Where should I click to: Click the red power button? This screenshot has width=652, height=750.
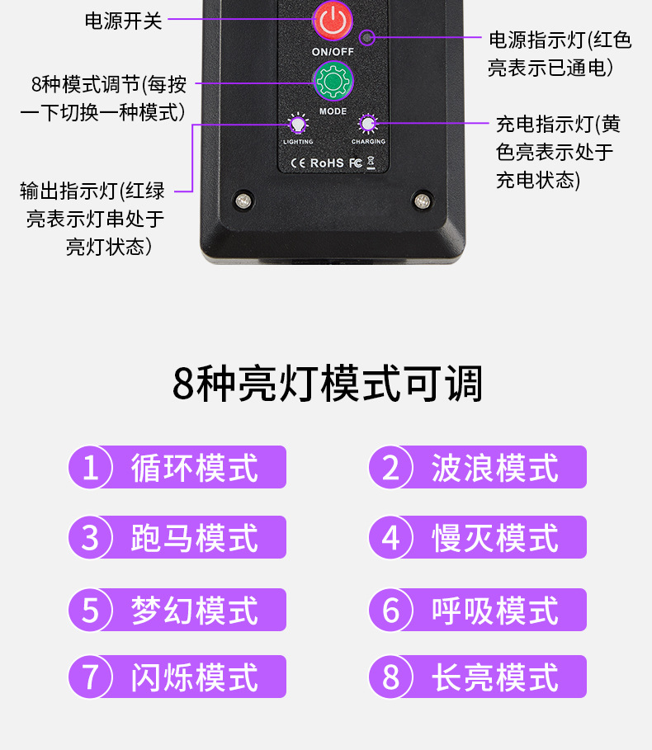pos(333,21)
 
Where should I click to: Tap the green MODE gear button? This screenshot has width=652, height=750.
pos(333,82)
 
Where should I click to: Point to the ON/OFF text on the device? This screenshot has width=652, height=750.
pos(333,52)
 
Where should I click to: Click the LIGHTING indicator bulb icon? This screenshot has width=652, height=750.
pos(298,125)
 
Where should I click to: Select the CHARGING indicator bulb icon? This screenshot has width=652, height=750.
pos(368,124)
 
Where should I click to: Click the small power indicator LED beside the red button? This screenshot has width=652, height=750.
pos(367,37)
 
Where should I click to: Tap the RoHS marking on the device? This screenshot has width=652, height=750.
pos(327,163)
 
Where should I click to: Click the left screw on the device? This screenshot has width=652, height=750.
pos(243,200)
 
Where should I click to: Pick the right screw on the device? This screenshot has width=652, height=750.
pos(422,200)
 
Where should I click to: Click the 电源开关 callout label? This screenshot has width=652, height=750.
pos(124,21)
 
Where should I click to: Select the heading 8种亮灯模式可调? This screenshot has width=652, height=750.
pos(327,384)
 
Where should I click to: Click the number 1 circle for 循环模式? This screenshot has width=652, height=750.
pos(91,467)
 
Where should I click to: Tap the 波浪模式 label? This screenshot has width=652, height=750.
pos(494,468)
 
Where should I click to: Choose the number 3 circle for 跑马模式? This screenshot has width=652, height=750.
pos(91,537)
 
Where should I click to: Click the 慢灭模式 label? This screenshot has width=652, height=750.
pos(494,538)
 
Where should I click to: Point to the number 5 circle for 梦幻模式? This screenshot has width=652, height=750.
pos(91,610)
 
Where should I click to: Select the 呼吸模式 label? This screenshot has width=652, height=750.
pos(494,611)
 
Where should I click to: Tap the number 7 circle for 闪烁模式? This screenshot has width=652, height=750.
pos(91,677)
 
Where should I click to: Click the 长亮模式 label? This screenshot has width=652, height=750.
pos(494,677)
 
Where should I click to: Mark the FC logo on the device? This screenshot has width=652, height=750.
pos(356,163)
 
